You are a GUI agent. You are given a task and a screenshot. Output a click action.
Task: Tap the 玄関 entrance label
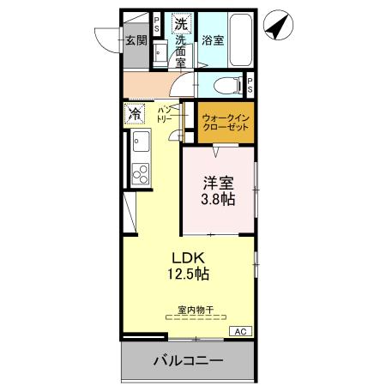(x=136, y=39)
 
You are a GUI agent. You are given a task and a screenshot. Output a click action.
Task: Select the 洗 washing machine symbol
(x=182, y=23)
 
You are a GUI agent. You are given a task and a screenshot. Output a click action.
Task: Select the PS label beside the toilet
(x=250, y=85)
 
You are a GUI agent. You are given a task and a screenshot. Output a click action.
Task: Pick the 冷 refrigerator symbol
(x=135, y=114)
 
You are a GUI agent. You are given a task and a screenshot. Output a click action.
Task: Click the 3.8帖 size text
(x=218, y=199)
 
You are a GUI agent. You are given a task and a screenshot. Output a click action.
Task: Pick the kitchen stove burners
(x=137, y=172)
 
